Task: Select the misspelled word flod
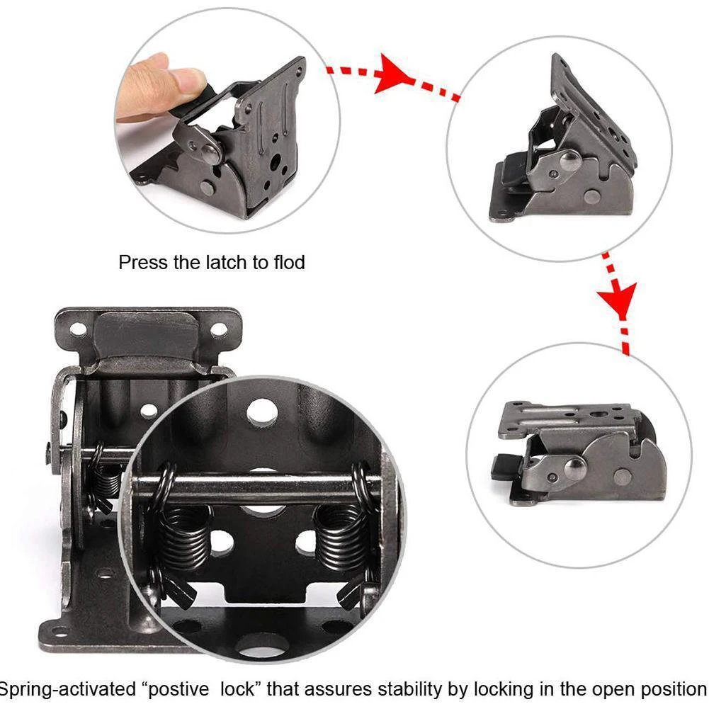(289, 263)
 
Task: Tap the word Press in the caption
(144, 263)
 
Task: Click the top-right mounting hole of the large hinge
(220, 329)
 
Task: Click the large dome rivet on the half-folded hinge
(569, 161)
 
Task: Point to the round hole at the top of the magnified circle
(263, 412)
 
